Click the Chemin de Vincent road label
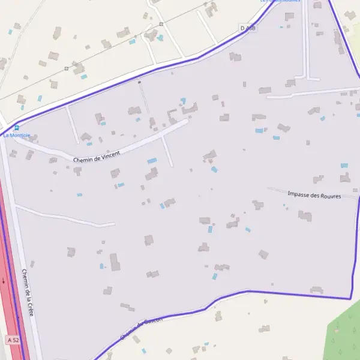click(97, 157)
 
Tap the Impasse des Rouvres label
click(314, 195)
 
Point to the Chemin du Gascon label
click(141, 329)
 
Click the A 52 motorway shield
click(13, 340)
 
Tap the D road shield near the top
click(248, 28)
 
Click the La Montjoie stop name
click(17, 136)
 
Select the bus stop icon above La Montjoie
click(16, 127)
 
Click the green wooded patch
click(345, 336)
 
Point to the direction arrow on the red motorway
click(4, 280)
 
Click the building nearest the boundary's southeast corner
click(316, 290)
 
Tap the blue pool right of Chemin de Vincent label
click(152, 161)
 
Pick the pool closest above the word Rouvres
click(344, 165)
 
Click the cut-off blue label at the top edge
click(280, 2)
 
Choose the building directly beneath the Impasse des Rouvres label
click(305, 215)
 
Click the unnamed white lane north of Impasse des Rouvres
click(312, 92)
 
